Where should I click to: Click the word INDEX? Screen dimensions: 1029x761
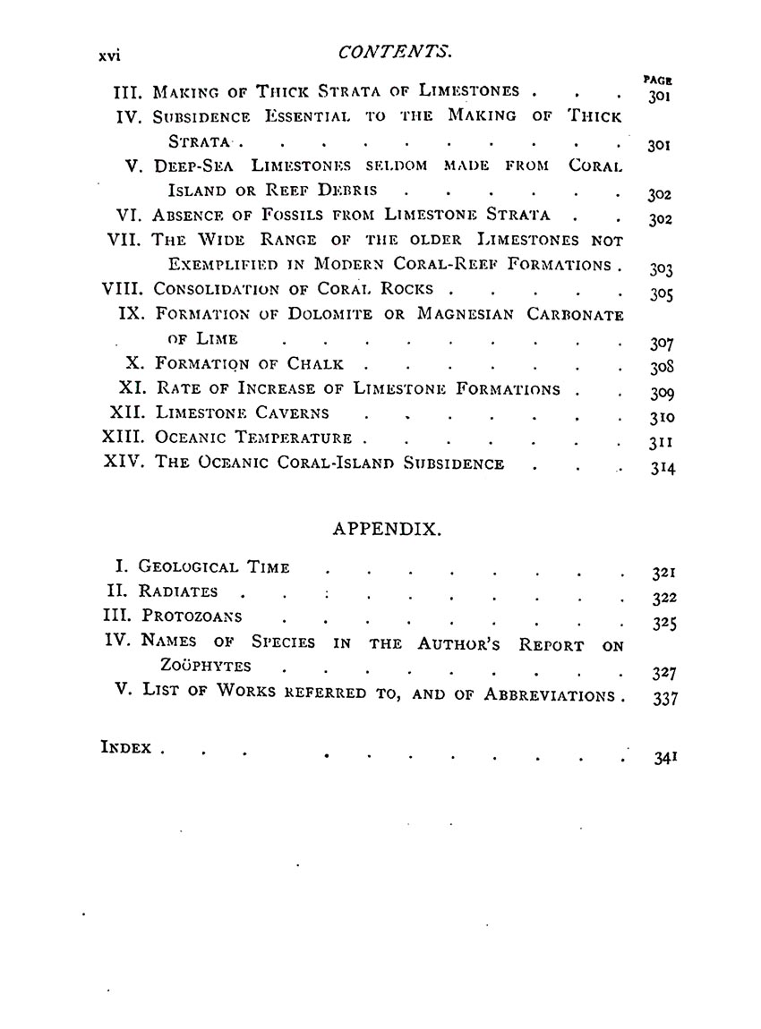coord(126,747)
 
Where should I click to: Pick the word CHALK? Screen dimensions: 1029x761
coord(315,364)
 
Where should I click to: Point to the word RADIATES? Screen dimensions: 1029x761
coord(178,591)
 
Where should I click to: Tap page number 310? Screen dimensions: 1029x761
coord(662,418)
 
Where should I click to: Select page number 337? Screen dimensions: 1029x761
coord(662,698)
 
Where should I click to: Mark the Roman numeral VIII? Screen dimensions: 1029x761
coord(124,289)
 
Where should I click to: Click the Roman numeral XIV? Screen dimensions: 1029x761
coord(125,463)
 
